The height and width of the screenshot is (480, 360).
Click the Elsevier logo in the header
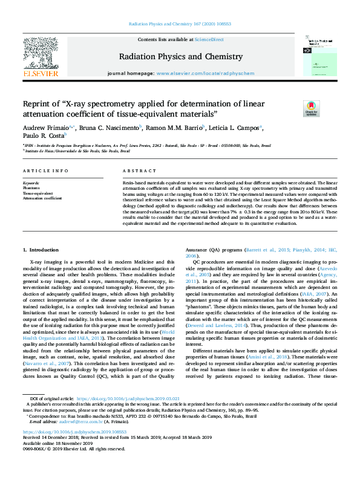41,58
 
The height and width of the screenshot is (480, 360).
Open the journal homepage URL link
200,72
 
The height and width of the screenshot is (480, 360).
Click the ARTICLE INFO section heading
45,171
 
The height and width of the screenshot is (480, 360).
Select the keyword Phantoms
31,188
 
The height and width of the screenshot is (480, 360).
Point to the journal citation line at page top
180,25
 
